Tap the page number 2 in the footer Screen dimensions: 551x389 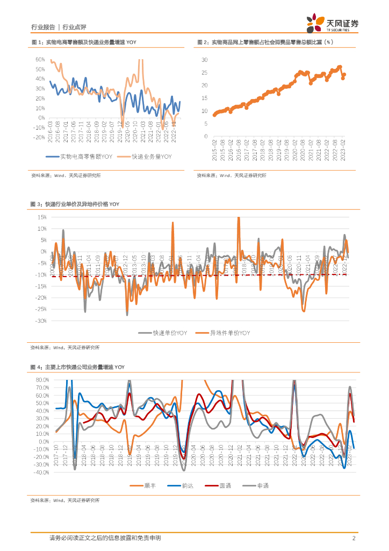354,538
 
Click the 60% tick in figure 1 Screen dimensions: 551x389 40,59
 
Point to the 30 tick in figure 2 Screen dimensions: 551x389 204,60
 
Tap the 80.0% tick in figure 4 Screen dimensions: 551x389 41,379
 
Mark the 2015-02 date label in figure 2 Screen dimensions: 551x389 214,148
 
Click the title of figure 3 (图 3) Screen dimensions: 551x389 75,204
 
